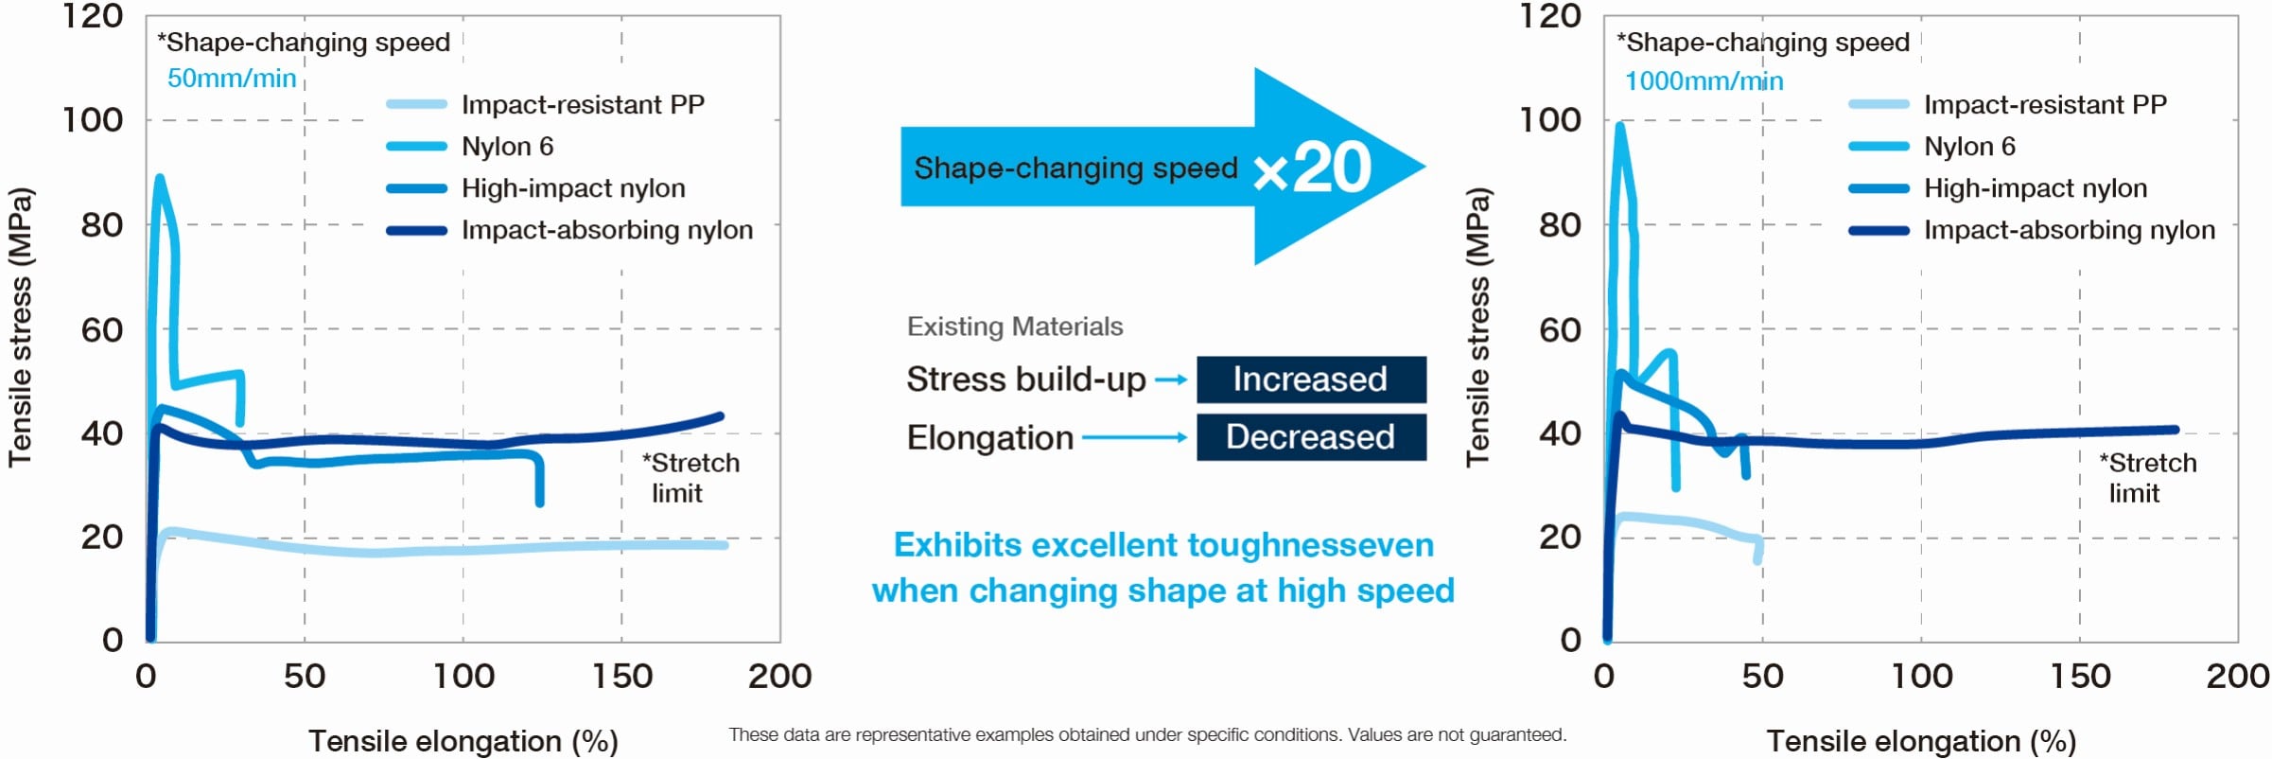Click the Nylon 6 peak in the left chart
pyautogui.click(x=159, y=178)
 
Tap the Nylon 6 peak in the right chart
pyautogui.click(x=1620, y=125)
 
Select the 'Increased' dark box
pyautogui.click(x=1310, y=379)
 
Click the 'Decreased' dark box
pyautogui.click(x=1310, y=437)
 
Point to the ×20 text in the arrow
pyautogui.click(x=1313, y=168)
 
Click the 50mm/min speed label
pyautogui.click(x=232, y=79)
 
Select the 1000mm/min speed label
pyautogui.click(x=1704, y=81)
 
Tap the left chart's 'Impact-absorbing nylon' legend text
pyautogui.click(x=606, y=230)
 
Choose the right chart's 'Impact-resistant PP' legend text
pyautogui.click(x=2045, y=104)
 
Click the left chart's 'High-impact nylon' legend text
pyautogui.click(x=573, y=188)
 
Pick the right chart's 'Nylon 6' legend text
pyautogui.click(x=1969, y=147)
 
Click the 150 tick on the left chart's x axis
pyautogui.click(x=621, y=677)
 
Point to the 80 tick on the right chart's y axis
pyautogui.click(x=1560, y=225)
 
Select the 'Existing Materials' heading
pyautogui.click(x=1015, y=327)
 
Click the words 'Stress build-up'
pyautogui.click(x=1025, y=379)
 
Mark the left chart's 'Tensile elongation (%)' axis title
pyautogui.click(x=463, y=741)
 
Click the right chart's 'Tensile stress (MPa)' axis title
pyautogui.click(x=1477, y=327)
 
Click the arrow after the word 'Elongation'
pyautogui.click(x=1134, y=437)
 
